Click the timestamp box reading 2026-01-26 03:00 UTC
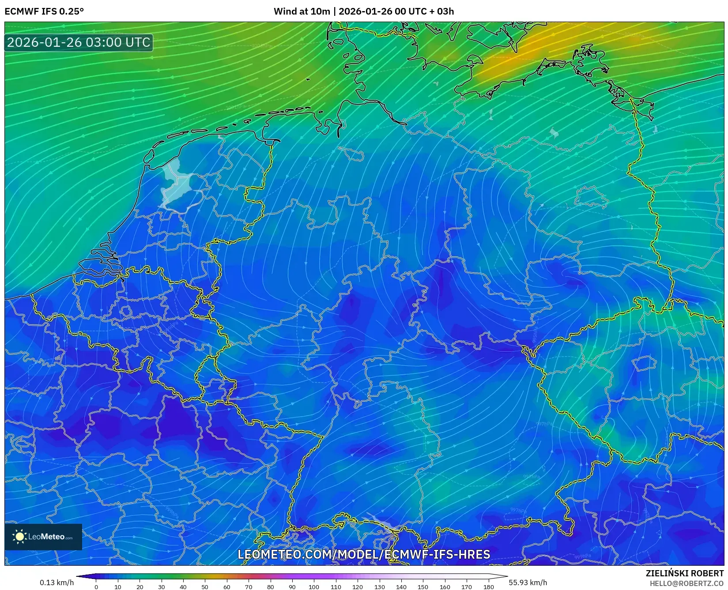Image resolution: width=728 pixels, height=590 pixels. pos(79,42)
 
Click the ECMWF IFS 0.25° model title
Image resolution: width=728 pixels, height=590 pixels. pos(44,11)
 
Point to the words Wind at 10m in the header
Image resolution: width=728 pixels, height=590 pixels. pos(302,11)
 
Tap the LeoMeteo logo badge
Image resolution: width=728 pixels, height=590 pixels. pos(43,537)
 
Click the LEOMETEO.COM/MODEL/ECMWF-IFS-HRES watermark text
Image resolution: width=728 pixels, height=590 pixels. pos(364,554)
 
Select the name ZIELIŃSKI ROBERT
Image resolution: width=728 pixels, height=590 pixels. pos(685,573)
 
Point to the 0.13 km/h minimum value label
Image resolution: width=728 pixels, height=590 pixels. pos(57,582)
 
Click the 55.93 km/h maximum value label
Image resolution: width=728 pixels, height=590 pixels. pos(528,582)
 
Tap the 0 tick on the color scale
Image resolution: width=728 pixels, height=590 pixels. pos(96,586)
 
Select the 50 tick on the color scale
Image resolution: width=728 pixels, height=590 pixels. pos(205,586)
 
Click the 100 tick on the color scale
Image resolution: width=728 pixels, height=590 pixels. pos(314,586)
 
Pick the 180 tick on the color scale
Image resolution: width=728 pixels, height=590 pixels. pos(488,586)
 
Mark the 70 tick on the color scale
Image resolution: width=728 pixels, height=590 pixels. pos(249,586)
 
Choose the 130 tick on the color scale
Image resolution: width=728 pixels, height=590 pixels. pos(379,586)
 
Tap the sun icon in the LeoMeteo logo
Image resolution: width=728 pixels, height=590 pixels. pos(20,536)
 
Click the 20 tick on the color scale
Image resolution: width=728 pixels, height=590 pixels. pos(140,586)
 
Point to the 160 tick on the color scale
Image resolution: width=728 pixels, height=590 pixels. pos(445,586)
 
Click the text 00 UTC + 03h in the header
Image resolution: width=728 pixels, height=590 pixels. pos(424,11)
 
